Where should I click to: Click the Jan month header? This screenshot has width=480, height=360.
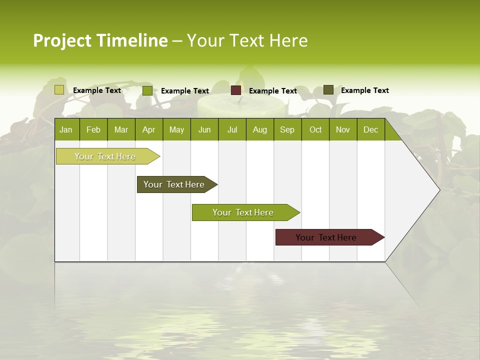66,129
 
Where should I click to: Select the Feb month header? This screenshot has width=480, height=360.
93,129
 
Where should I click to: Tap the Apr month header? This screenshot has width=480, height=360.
148,129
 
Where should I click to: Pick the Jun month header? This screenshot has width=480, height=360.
204,129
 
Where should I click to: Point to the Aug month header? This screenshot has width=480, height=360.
259,129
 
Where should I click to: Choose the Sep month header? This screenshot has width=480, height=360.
287,129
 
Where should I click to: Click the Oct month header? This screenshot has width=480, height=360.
315,129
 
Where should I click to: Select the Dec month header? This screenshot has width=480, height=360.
370,129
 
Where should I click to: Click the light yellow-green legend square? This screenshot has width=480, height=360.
59,90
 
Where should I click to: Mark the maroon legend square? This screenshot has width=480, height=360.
236,90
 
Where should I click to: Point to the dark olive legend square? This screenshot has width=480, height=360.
328,90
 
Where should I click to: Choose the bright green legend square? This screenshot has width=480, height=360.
147,90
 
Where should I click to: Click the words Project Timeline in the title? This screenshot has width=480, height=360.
100,40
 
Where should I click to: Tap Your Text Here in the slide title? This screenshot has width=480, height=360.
247,40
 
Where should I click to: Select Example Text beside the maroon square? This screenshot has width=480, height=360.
272,91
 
